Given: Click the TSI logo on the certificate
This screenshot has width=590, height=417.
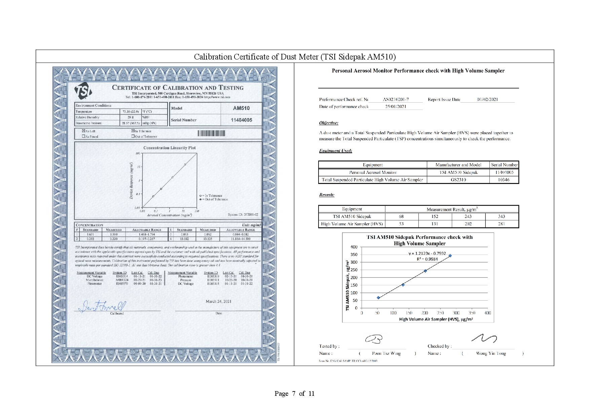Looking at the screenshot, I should point(83,90).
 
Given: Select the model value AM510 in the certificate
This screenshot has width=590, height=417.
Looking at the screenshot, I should point(241,108).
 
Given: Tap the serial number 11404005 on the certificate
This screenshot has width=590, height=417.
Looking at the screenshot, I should point(241,120).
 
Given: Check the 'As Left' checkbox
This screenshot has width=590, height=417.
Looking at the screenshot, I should point(84,131).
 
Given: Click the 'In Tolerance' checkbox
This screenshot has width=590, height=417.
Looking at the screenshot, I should point(133,131).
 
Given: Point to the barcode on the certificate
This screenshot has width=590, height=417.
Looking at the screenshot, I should point(211,133).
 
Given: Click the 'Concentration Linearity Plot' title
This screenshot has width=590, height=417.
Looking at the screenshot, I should point(169,148).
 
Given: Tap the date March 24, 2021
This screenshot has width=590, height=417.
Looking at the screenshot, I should point(218,301).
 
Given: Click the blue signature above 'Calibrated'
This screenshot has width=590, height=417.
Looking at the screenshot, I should point(102,306).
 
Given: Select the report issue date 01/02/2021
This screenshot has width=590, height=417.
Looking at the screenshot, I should point(487,99).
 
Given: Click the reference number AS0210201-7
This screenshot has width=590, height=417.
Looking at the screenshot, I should point(396,99).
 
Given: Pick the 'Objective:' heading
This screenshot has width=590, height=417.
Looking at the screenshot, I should point(328,123).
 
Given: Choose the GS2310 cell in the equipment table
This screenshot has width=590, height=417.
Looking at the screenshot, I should point(458,180).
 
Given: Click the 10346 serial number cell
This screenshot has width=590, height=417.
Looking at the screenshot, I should point(504,180).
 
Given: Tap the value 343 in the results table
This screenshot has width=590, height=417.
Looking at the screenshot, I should point(502,216).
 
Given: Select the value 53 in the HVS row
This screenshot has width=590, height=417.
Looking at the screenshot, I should point(401,224).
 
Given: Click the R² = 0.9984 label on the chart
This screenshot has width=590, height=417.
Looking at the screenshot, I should point(427,259).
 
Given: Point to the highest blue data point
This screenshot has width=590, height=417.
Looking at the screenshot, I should point(450,256).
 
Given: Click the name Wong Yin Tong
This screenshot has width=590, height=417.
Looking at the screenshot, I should point(491,353).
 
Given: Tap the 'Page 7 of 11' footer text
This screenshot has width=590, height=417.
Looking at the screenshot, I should point(294,393).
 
